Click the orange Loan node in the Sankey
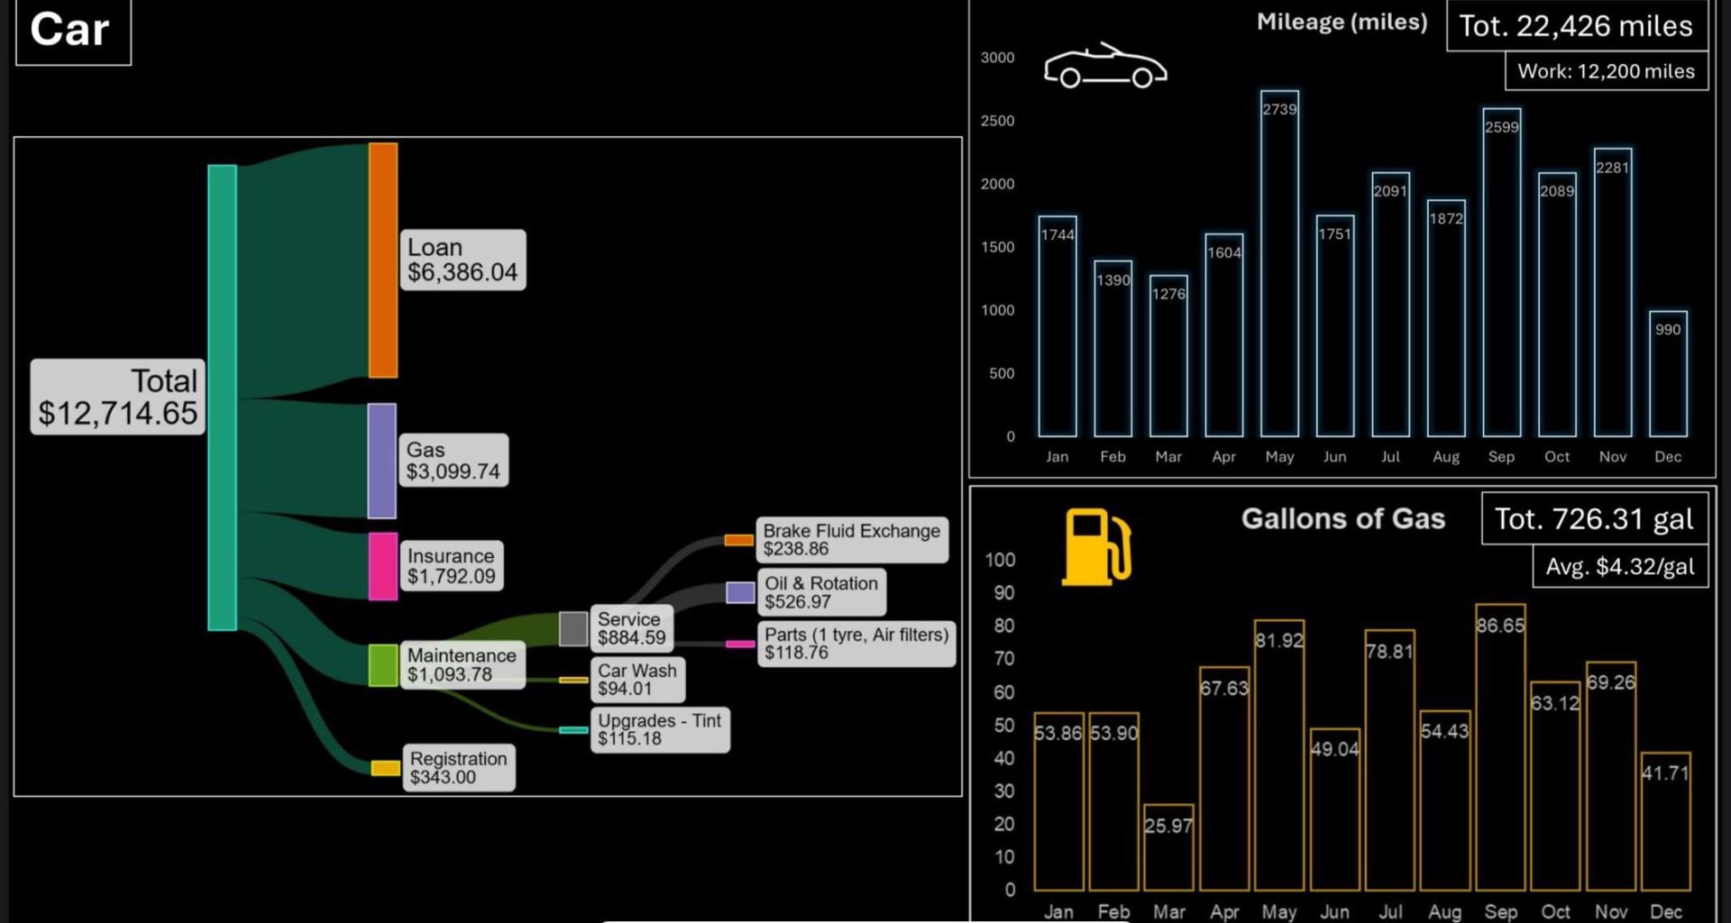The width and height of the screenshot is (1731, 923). pyautogui.click(x=382, y=260)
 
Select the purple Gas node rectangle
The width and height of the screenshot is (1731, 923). pyautogui.click(x=381, y=461)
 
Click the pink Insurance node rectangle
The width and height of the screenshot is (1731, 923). pyautogui.click(x=382, y=566)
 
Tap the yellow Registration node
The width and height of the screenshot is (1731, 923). pyautogui.click(x=385, y=768)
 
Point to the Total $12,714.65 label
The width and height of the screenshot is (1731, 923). pyautogui.click(x=117, y=398)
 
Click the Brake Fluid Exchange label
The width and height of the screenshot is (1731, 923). pyautogui.click(x=852, y=539)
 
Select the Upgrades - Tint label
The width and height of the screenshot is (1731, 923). pyautogui.click(x=659, y=729)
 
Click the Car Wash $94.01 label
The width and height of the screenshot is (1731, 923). pyautogui.click(x=637, y=679)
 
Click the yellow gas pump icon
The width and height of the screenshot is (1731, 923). pyautogui.click(x=1095, y=547)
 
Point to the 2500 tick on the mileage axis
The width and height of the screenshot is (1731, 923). pyautogui.click(x=997, y=121)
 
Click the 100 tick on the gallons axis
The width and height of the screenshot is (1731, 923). pyautogui.click(x=1000, y=560)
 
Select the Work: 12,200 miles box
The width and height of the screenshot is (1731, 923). pyautogui.click(x=1606, y=71)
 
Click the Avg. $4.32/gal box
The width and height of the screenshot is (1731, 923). pyautogui.click(x=1620, y=567)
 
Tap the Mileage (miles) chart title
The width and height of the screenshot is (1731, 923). pyautogui.click(x=1342, y=23)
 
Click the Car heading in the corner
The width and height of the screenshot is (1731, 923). pyautogui.click(x=70, y=30)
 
